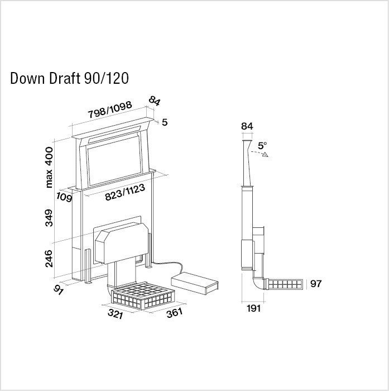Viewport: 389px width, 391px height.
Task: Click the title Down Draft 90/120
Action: point(69,78)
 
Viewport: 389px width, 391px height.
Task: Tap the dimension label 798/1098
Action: point(110,109)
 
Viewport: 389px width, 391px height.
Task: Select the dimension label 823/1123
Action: point(125,193)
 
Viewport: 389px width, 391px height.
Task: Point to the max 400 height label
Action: point(49,167)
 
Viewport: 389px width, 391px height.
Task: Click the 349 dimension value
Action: point(49,218)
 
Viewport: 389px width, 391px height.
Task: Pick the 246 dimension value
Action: point(49,259)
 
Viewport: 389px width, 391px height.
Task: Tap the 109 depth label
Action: point(64,197)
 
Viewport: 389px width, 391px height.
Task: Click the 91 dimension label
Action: point(58,290)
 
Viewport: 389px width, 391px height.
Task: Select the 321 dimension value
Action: point(116,314)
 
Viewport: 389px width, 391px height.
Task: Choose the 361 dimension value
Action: point(175,313)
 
